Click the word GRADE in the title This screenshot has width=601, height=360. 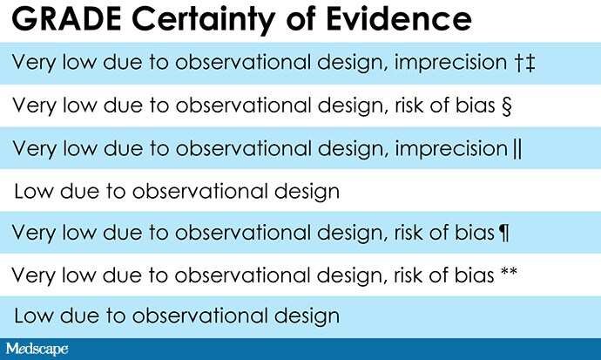(67, 18)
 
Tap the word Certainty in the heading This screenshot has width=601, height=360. (204, 20)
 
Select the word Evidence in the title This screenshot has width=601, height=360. (399, 18)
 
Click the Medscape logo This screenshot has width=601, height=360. (37, 349)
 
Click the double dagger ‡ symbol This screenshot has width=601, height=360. (530, 64)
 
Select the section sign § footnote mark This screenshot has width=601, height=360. (506, 105)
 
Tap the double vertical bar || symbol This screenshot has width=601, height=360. (517, 149)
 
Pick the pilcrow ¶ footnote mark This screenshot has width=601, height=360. (504, 233)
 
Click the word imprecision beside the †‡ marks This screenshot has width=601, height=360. (451, 64)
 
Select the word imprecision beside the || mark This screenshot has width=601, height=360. (451, 149)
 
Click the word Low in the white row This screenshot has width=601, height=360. (34, 191)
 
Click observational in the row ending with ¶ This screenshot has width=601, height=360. (243, 233)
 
